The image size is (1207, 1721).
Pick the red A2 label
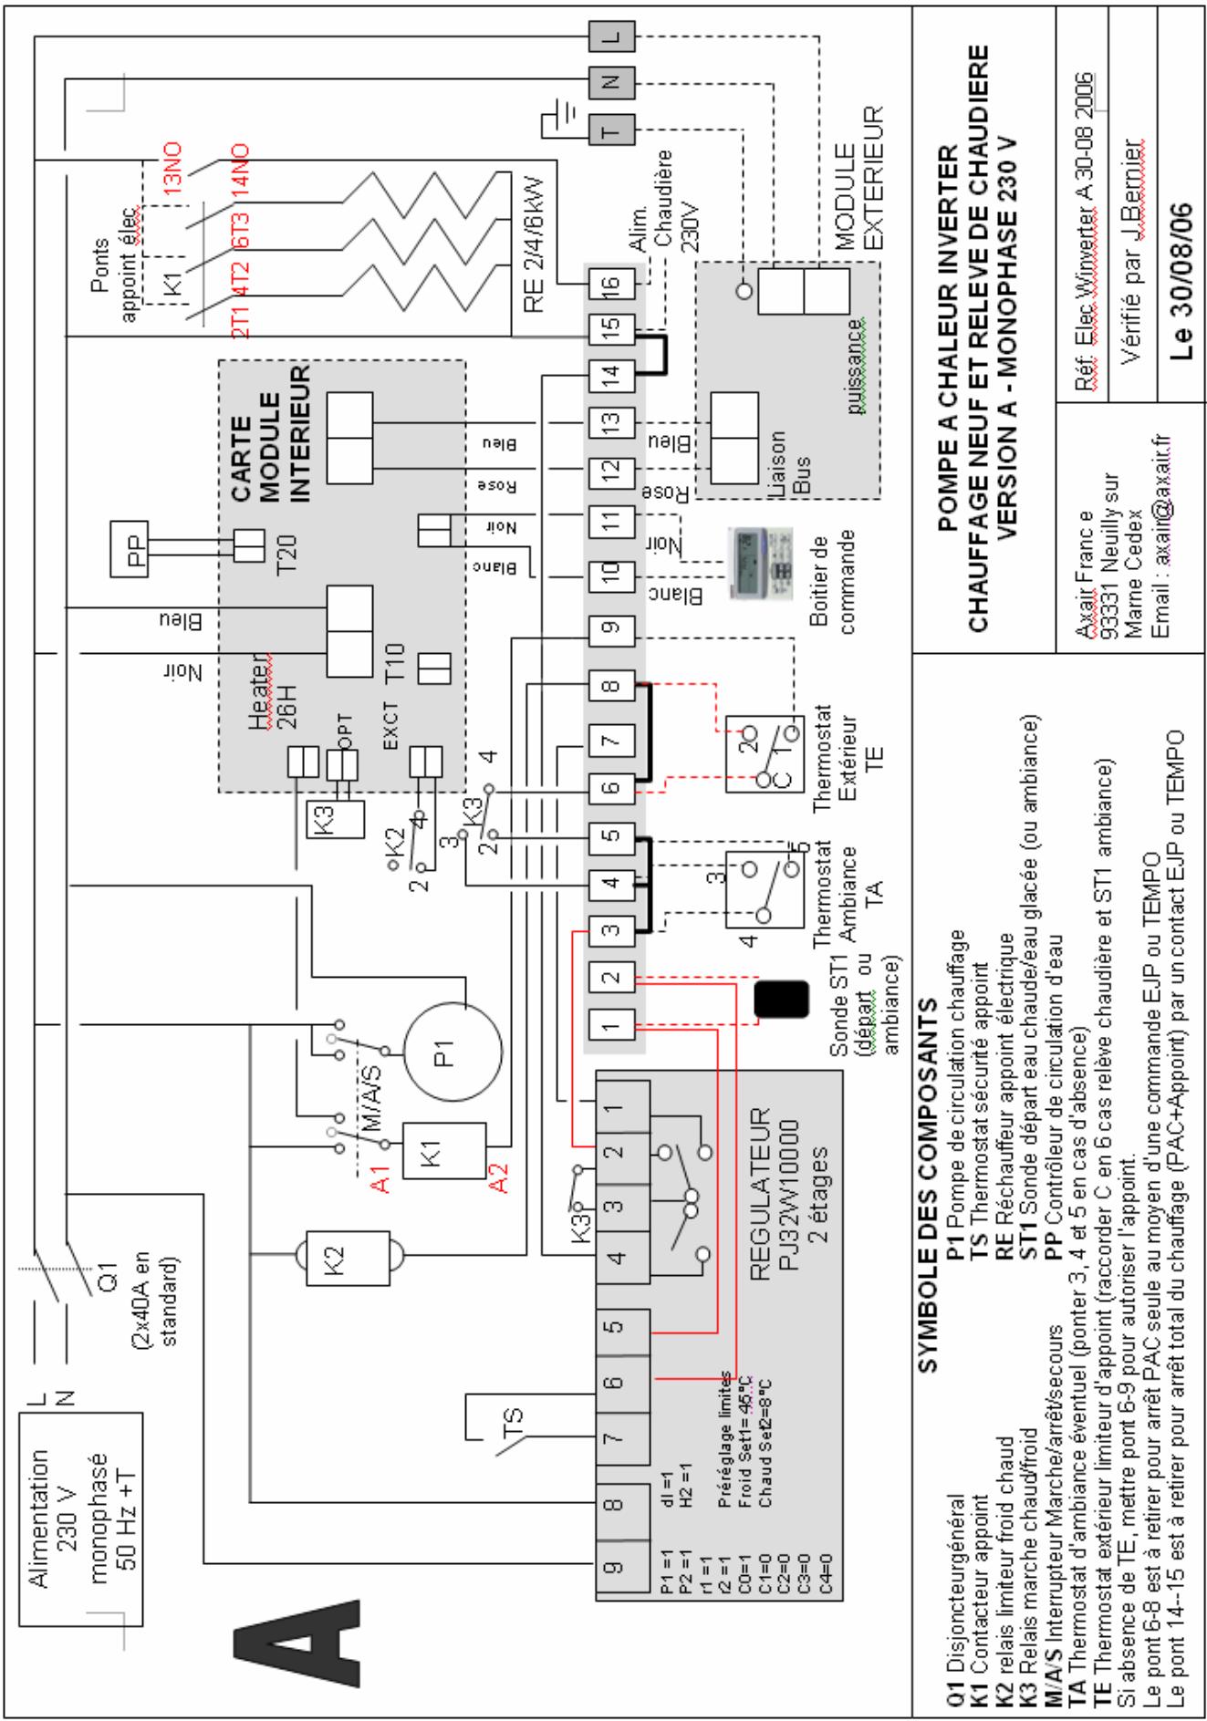click(x=498, y=1177)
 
